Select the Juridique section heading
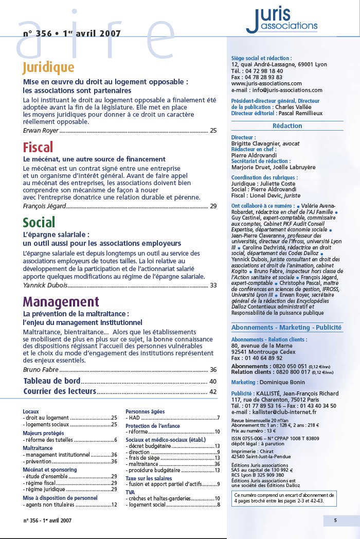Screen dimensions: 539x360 [48, 67]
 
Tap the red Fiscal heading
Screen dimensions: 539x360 [38, 148]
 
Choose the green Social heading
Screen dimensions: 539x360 [39, 222]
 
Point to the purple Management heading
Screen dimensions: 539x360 [61, 301]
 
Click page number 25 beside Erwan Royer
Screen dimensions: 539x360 [213, 131]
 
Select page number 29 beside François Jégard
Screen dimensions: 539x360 [213, 206]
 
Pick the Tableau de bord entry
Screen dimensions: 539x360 [52, 381]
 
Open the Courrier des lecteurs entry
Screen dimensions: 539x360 [60, 392]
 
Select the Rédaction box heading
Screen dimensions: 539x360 [287, 126]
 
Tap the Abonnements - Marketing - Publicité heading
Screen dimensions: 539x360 [286, 328]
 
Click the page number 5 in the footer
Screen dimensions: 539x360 [335, 520]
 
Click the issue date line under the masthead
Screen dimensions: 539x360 [72, 34]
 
